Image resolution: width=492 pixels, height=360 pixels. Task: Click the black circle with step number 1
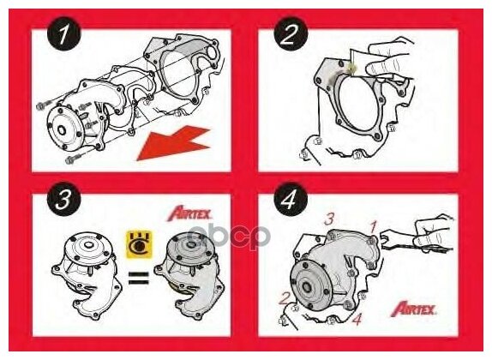click(64, 34)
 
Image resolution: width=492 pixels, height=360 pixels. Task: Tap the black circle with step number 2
click(291, 34)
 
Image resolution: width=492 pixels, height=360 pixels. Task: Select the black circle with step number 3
click(64, 199)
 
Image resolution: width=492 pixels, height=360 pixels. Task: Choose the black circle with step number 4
click(291, 199)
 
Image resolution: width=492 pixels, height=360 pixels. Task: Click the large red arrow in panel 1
click(173, 143)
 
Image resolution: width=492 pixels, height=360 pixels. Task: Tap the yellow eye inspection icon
click(139, 244)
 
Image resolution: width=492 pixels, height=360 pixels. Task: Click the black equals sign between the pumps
click(139, 279)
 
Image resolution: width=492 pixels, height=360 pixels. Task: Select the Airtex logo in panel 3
click(189, 213)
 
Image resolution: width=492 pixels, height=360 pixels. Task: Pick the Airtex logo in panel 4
click(413, 309)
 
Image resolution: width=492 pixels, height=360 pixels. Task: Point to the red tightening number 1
click(373, 226)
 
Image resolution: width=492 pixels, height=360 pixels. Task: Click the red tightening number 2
click(285, 298)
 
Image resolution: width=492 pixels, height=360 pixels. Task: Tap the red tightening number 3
click(329, 219)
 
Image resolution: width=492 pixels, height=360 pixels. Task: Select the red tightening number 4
click(357, 319)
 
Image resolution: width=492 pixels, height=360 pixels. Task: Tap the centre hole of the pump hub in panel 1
click(62, 129)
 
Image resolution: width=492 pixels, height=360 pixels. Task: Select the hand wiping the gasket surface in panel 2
click(389, 61)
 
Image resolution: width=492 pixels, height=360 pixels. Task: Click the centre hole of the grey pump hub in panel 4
click(306, 287)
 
